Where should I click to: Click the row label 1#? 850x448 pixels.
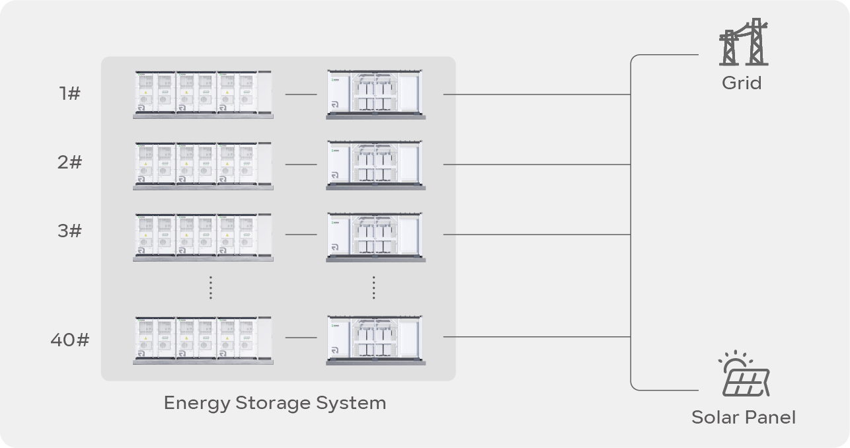pyautogui.click(x=69, y=94)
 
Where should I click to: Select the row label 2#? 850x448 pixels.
pyautogui.click(x=69, y=162)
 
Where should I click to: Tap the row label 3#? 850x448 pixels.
pyautogui.click(x=69, y=231)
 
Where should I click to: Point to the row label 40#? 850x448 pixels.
pyautogui.click(x=69, y=340)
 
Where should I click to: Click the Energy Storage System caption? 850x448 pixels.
pyautogui.click(x=275, y=402)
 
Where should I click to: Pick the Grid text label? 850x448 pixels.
pyautogui.click(x=742, y=83)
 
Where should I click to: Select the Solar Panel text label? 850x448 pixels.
pyautogui.click(x=744, y=418)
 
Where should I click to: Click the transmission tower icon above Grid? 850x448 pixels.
pyautogui.click(x=744, y=42)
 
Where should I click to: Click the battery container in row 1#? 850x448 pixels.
pyautogui.click(x=203, y=94)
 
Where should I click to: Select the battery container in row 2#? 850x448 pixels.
pyautogui.click(x=203, y=165)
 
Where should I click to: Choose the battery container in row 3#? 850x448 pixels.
pyautogui.click(x=203, y=237)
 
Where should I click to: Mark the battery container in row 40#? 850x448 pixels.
pyautogui.click(x=203, y=340)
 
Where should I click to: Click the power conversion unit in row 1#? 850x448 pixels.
pyautogui.click(x=375, y=94)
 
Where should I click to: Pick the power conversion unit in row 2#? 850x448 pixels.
pyautogui.click(x=375, y=165)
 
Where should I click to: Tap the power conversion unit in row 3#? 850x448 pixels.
pyautogui.click(x=375, y=236)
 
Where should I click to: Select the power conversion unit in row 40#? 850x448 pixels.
pyautogui.click(x=375, y=340)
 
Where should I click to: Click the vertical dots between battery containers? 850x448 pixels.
pyautogui.click(x=210, y=287)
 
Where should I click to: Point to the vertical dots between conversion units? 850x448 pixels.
pyautogui.click(x=373, y=287)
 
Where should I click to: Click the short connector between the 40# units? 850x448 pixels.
pyautogui.click(x=301, y=338)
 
